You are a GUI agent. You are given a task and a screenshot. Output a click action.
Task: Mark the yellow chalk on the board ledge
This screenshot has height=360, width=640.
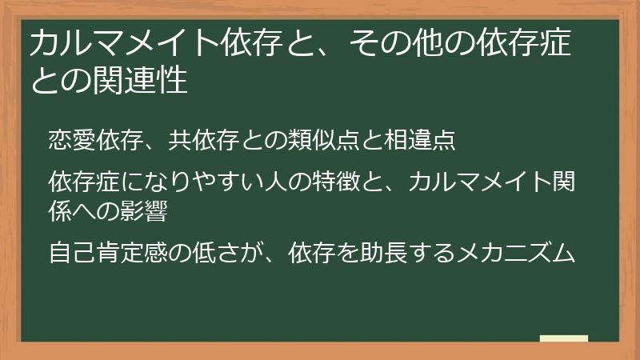click(564, 338)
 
